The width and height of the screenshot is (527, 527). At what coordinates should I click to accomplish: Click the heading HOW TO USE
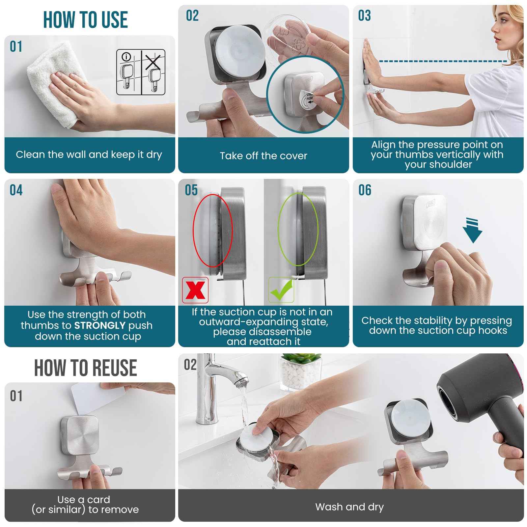tap(85, 20)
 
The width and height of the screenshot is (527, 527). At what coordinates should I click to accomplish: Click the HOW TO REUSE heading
tap(85, 368)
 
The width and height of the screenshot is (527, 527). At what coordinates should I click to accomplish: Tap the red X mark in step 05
tap(195, 290)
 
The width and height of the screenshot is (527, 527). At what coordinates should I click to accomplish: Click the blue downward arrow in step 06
tap(473, 231)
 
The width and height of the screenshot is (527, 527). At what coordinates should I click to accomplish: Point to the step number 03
tap(364, 16)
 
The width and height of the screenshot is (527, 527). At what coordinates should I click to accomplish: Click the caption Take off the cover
tap(263, 156)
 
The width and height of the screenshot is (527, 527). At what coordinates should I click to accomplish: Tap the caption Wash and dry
tap(349, 507)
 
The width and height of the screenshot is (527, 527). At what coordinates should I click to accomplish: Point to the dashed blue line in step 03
tap(441, 61)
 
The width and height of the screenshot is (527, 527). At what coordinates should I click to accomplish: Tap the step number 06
tap(365, 190)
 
